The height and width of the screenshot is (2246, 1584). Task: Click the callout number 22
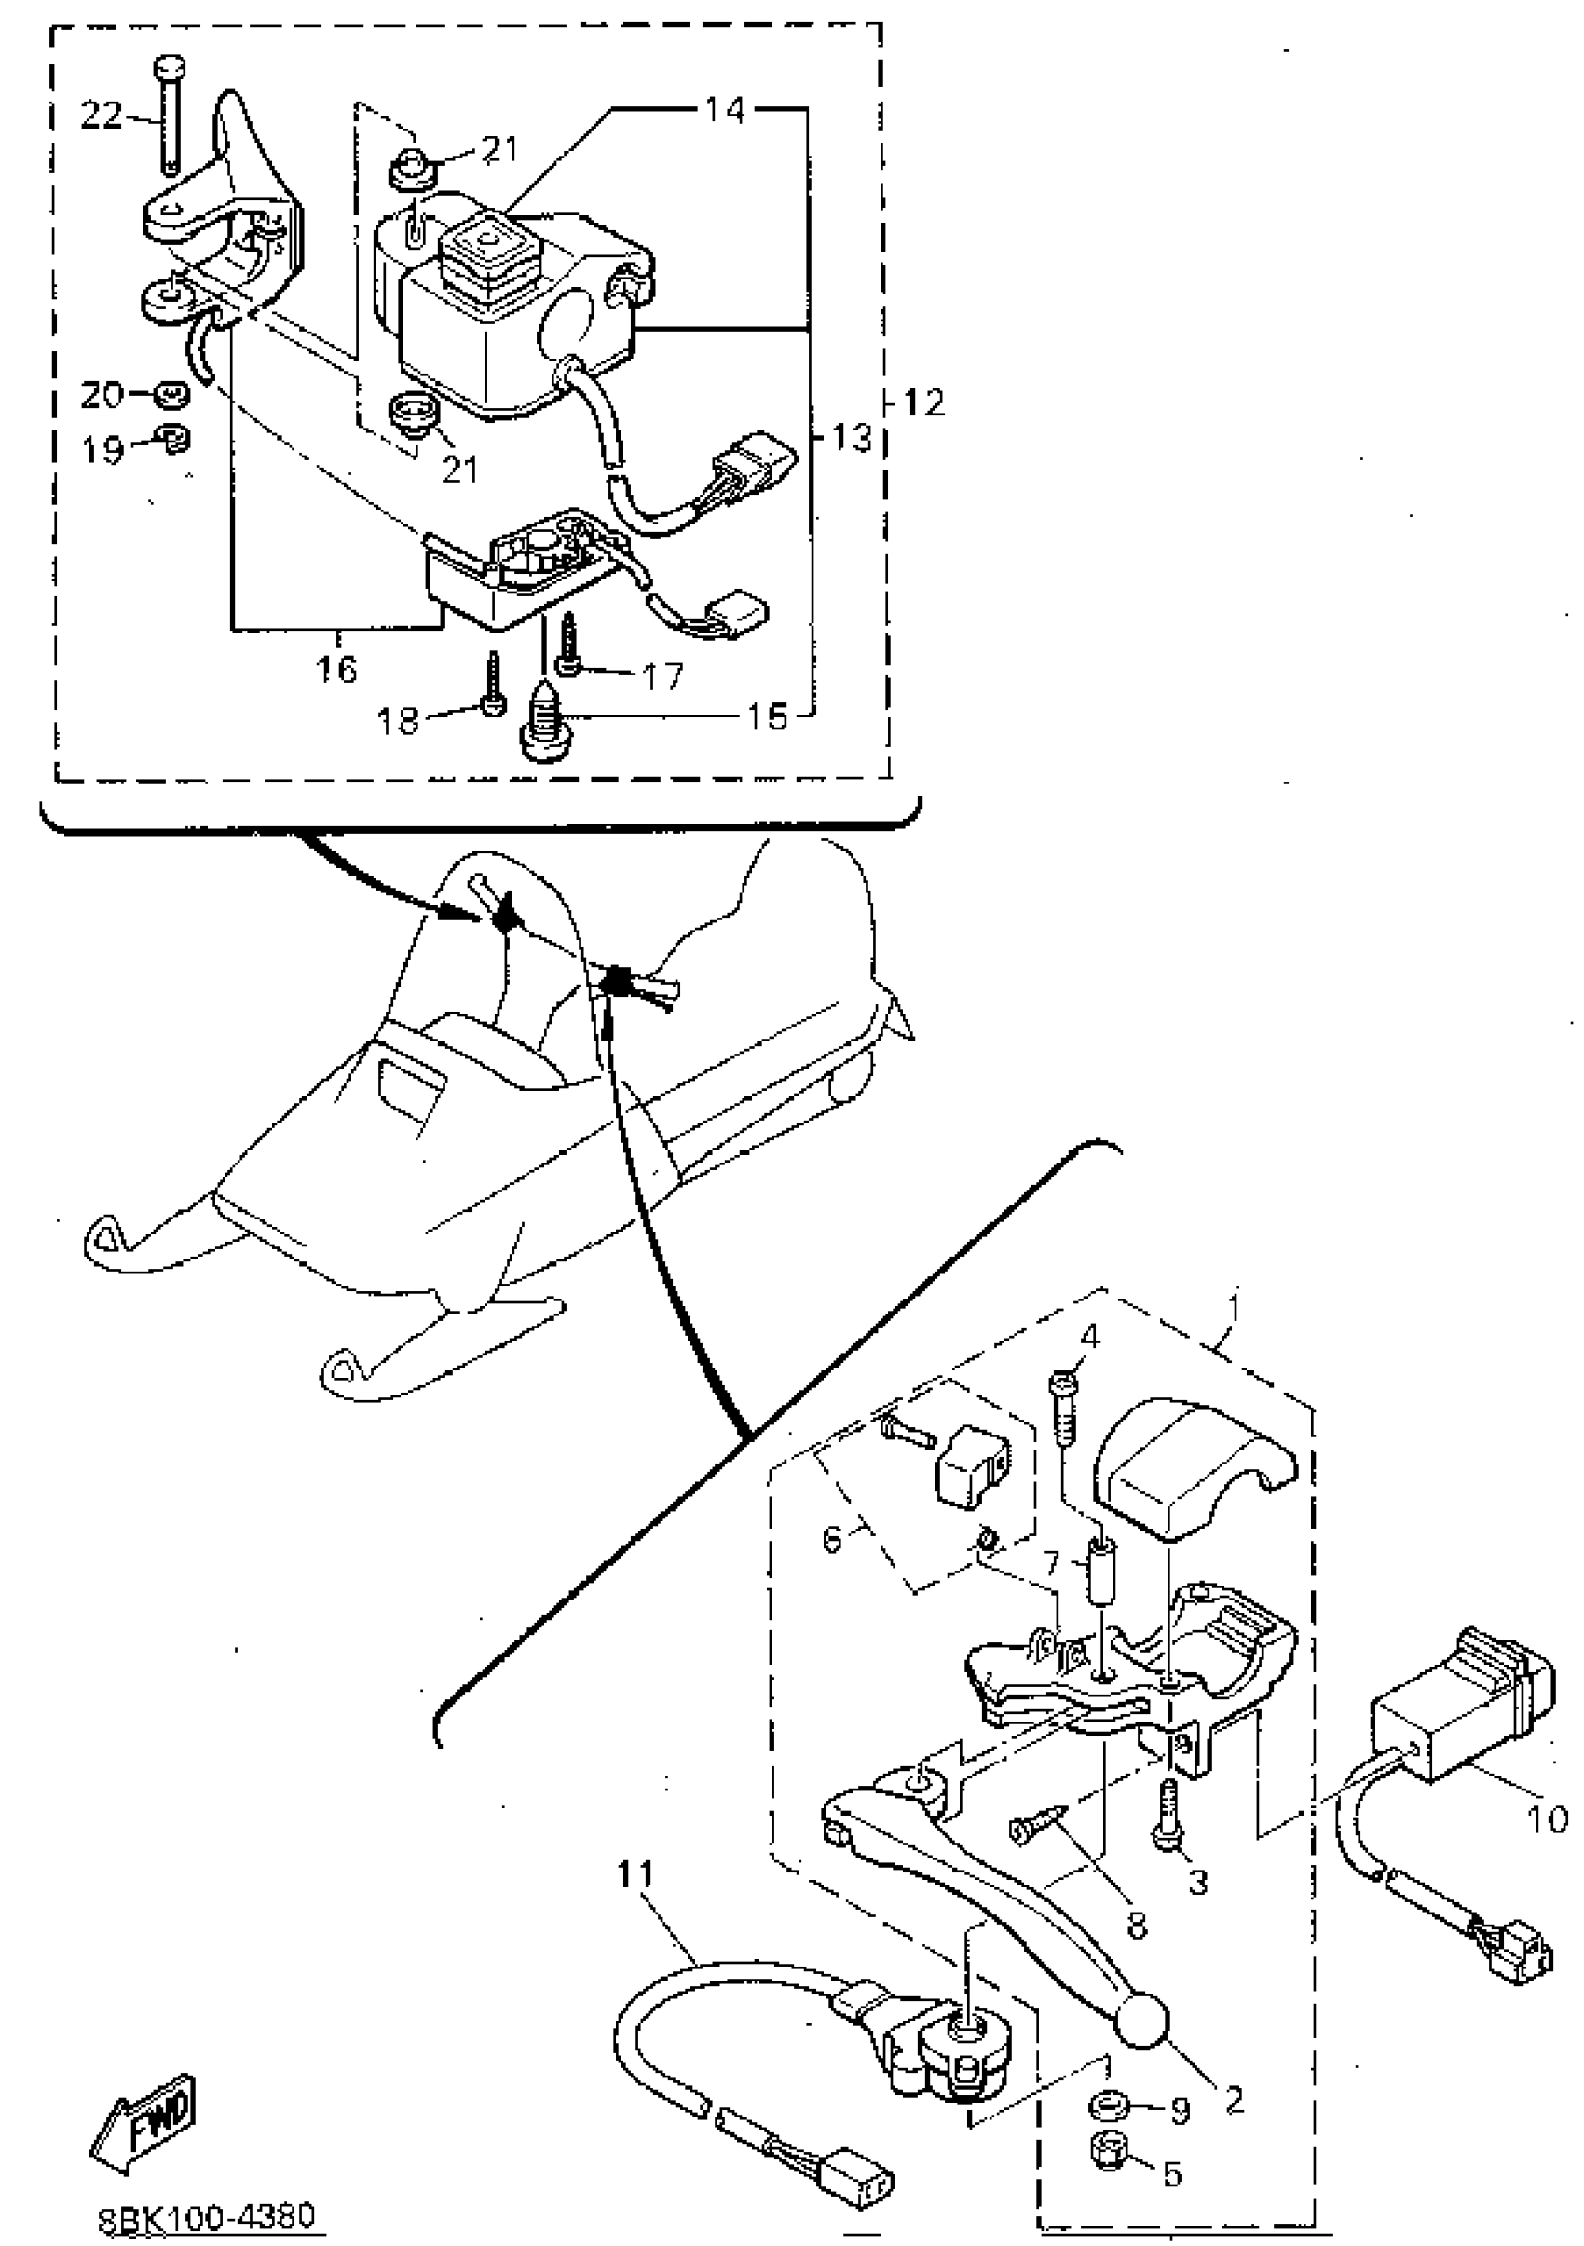(x=101, y=116)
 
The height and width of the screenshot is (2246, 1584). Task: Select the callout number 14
(x=725, y=110)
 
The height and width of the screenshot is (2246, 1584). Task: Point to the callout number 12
(x=924, y=402)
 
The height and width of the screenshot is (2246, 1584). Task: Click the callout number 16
(x=335, y=669)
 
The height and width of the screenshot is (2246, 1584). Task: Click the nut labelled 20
(x=172, y=395)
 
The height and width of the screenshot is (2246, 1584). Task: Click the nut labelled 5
(x=1110, y=2148)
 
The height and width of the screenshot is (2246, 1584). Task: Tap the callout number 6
(x=832, y=1539)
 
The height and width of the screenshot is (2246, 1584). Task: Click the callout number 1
(x=1234, y=1308)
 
